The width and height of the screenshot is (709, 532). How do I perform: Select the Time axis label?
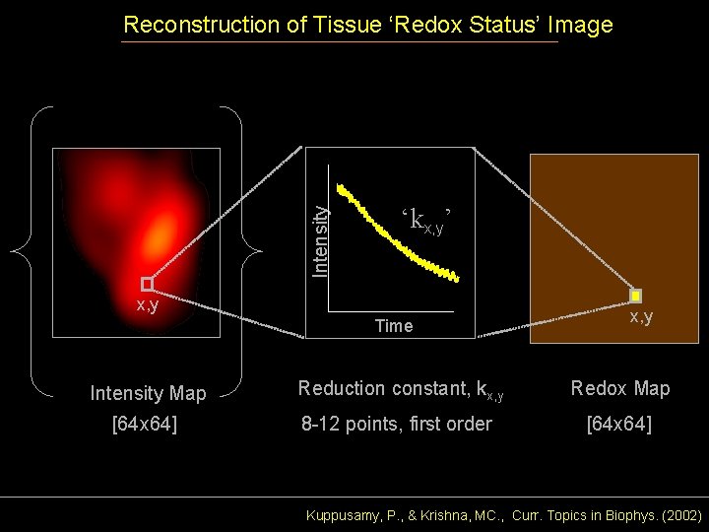coord(393,326)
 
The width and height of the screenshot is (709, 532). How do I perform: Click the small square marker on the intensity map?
coord(148,284)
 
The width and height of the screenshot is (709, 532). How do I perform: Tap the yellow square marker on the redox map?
coord(636,295)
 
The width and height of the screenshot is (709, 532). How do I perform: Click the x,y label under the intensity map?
coord(149,306)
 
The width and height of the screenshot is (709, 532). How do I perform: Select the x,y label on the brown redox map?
coord(641,317)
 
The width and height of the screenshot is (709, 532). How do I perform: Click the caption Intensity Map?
coord(148,394)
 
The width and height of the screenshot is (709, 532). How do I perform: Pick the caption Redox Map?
coord(620,389)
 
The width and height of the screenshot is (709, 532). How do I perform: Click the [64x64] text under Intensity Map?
coord(145,426)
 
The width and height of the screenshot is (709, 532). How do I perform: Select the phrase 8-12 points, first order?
coord(396,426)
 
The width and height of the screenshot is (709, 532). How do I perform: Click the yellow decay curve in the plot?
coord(394,236)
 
